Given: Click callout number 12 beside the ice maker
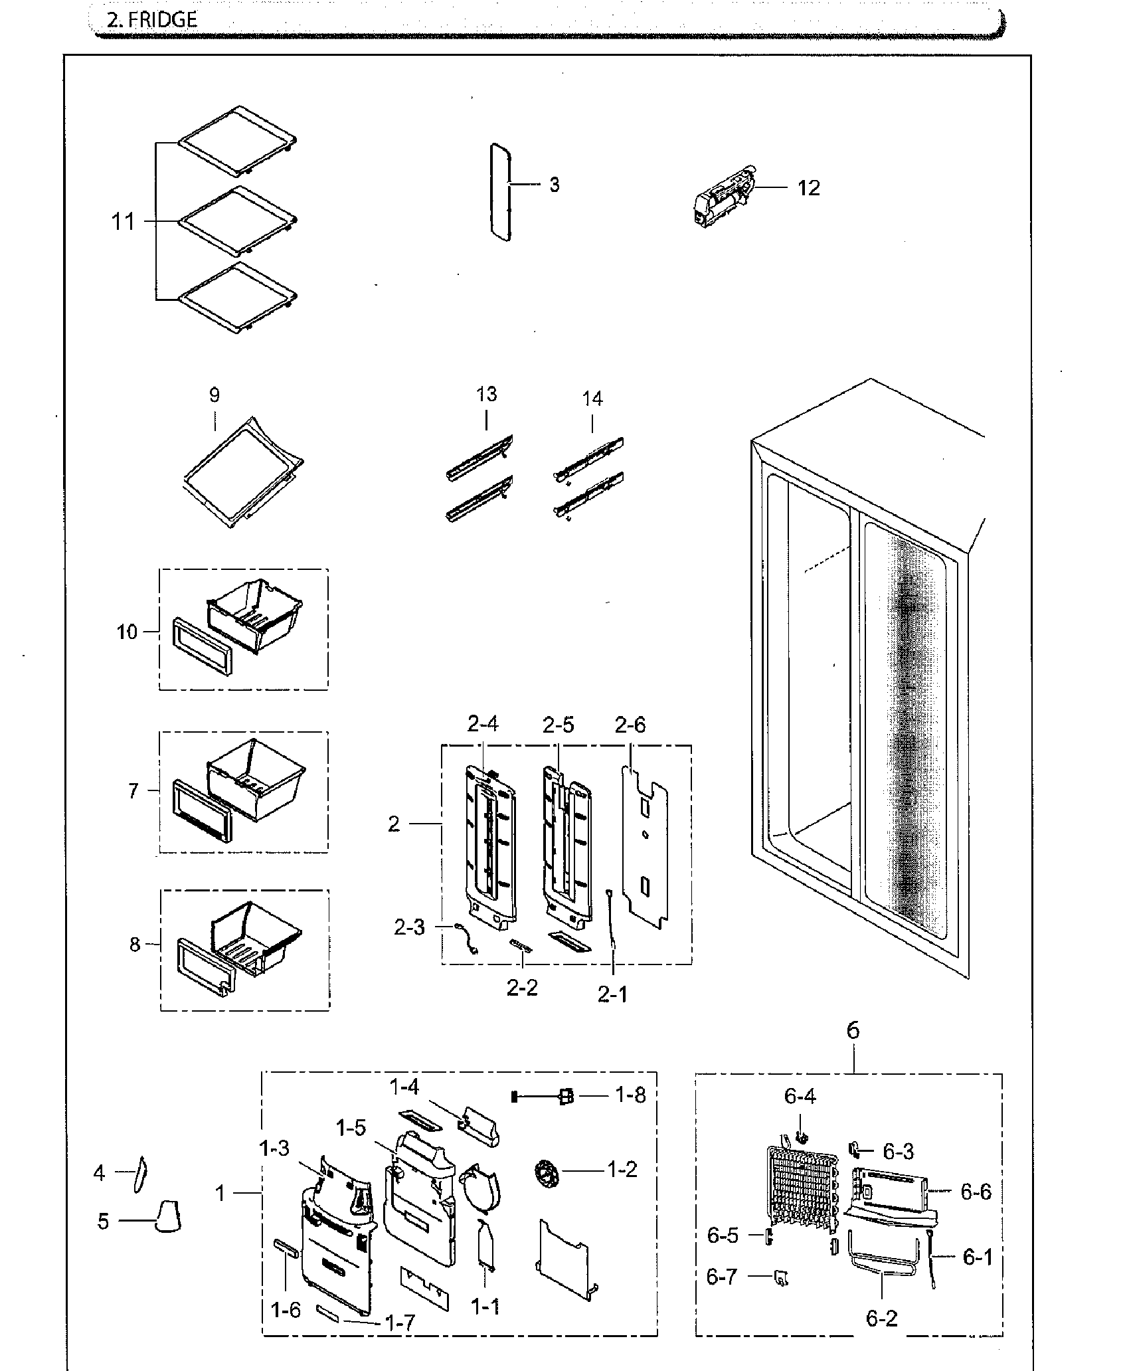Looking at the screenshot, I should point(808,188).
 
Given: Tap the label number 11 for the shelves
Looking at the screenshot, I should point(123,221).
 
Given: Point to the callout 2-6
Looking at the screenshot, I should point(630,725).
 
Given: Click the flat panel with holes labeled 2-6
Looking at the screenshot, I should point(645,843).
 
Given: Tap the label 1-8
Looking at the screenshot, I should point(630,1095).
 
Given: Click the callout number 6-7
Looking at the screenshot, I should point(721,1276).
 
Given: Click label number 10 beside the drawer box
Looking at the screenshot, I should point(127,632).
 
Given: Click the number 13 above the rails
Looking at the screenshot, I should point(486,395).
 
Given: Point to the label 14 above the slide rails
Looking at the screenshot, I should point(592,399).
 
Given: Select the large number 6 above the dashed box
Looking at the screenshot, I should point(853,1030).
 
